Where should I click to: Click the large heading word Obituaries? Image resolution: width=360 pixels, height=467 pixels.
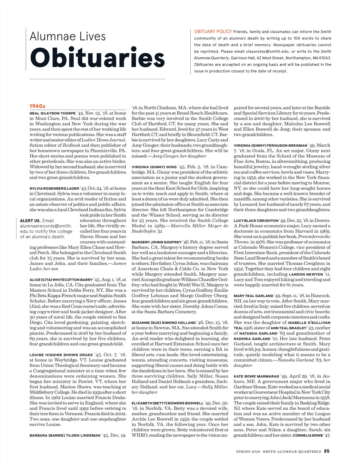97,58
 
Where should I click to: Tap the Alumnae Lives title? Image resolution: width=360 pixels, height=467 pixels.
68,37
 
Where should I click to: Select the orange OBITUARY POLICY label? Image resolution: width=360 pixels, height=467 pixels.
213,31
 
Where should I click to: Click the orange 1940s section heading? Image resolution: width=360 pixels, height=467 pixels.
37,106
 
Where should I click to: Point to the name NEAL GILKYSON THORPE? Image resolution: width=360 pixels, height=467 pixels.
52,113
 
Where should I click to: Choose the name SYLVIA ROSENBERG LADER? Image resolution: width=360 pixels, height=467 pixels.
54,189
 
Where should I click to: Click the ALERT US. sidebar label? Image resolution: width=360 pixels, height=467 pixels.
30,221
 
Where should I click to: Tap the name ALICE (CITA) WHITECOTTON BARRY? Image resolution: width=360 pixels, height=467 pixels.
61,280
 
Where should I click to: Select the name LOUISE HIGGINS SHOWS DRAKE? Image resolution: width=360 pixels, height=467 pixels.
61,355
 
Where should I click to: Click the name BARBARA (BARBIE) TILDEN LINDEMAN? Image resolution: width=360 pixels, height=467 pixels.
65,435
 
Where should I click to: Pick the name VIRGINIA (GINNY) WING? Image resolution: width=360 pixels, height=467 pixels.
154,167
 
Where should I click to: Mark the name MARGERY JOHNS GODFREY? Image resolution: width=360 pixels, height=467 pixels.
157,242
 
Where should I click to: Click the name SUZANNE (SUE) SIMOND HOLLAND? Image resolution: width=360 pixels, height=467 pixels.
163,323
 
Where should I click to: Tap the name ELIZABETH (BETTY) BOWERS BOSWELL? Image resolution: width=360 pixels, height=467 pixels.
167,403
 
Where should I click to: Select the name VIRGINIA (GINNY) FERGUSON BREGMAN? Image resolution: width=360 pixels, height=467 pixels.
270,146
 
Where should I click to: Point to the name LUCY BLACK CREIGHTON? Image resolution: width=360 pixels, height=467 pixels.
256,221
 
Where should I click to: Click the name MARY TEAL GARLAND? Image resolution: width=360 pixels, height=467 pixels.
253,296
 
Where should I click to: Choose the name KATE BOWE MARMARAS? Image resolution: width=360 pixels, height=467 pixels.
256,376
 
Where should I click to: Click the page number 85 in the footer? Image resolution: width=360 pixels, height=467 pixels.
327,451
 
